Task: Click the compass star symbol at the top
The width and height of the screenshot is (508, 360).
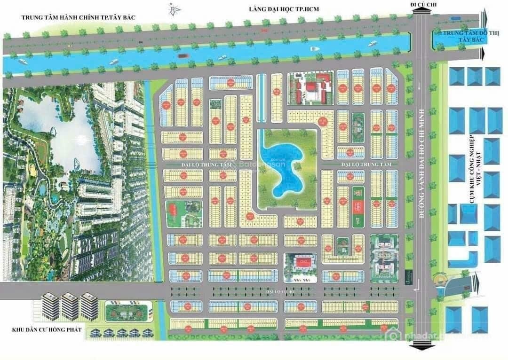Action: click(175, 8)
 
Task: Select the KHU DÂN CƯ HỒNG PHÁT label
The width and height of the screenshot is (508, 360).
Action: click(47, 330)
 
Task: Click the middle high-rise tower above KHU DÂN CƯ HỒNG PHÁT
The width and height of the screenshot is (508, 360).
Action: click(70, 306)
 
